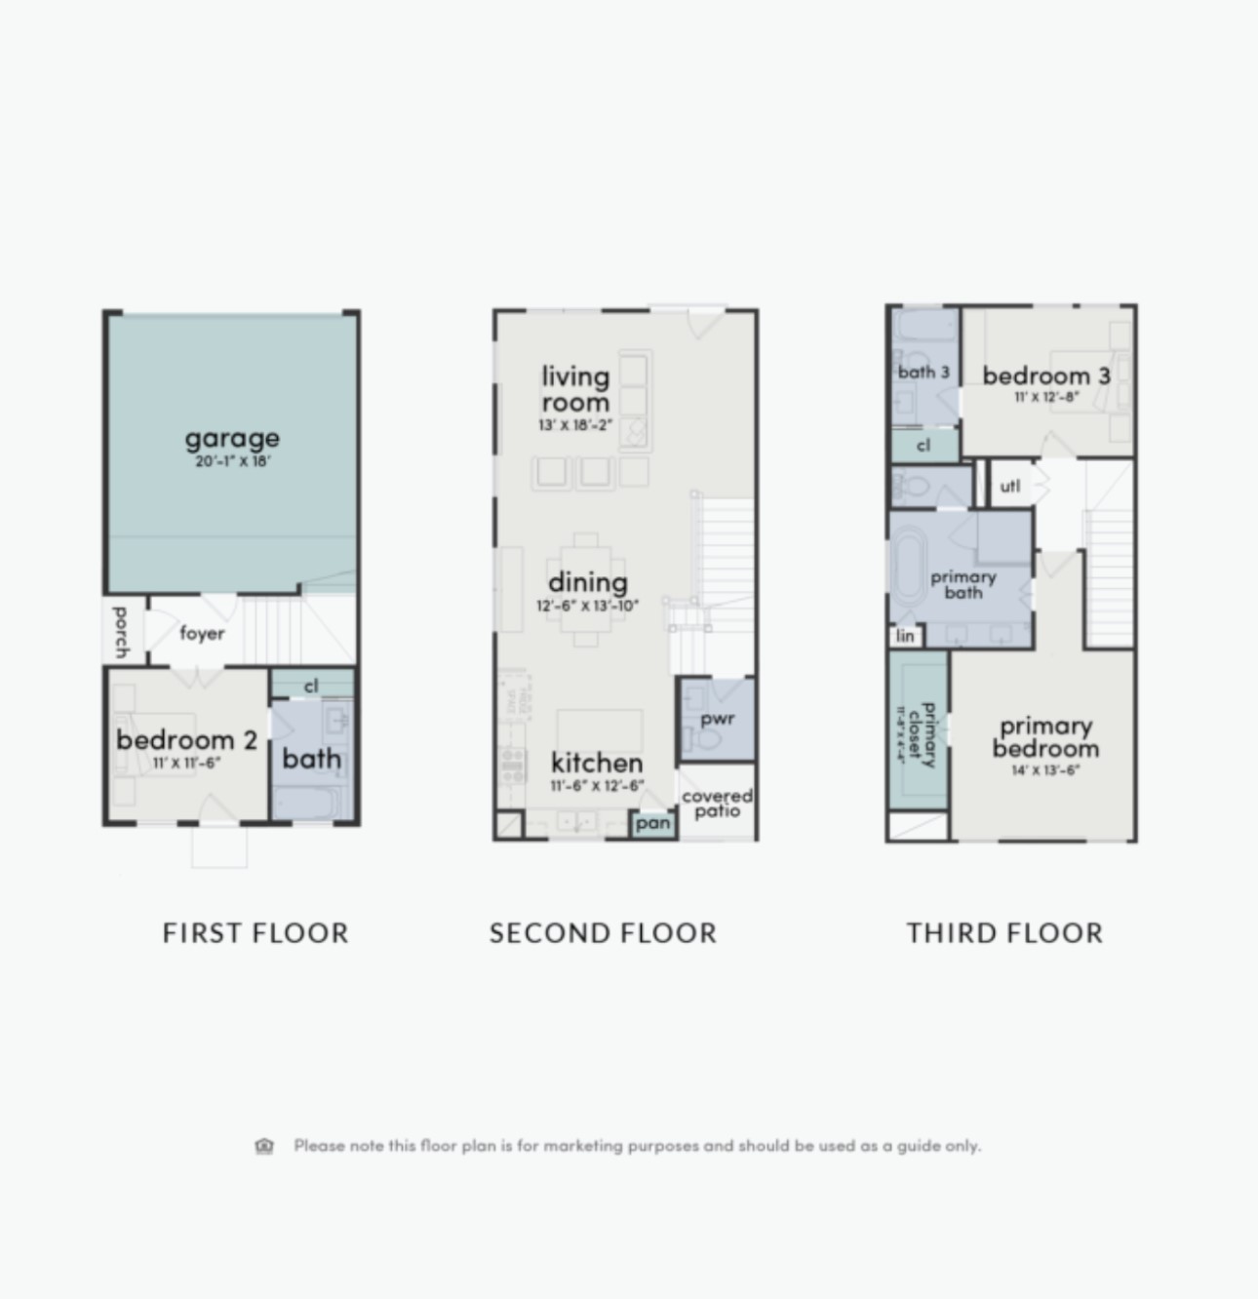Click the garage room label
click(232, 438)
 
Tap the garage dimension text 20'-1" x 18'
click(232, 461)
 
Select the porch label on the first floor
click(121, 632)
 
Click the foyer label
click(202, 633)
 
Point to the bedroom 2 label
click(186, 739)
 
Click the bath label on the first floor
click(312, 758)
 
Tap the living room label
click(575, 388)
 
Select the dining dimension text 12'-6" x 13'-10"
click(587, 606)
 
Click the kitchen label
click(597, 762)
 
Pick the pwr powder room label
click(717, 719)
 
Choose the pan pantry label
click(652, 823)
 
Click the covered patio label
click(717, 803)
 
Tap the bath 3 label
click(923, 372)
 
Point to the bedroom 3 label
click(1045, 375)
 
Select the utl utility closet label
click(1009, 485)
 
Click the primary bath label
click(963, 584)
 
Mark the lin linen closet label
click(905, 636)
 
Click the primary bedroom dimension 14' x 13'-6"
click(1044, 770)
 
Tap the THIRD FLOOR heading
click(1004, 932)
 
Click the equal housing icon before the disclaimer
click(264, 1146)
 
